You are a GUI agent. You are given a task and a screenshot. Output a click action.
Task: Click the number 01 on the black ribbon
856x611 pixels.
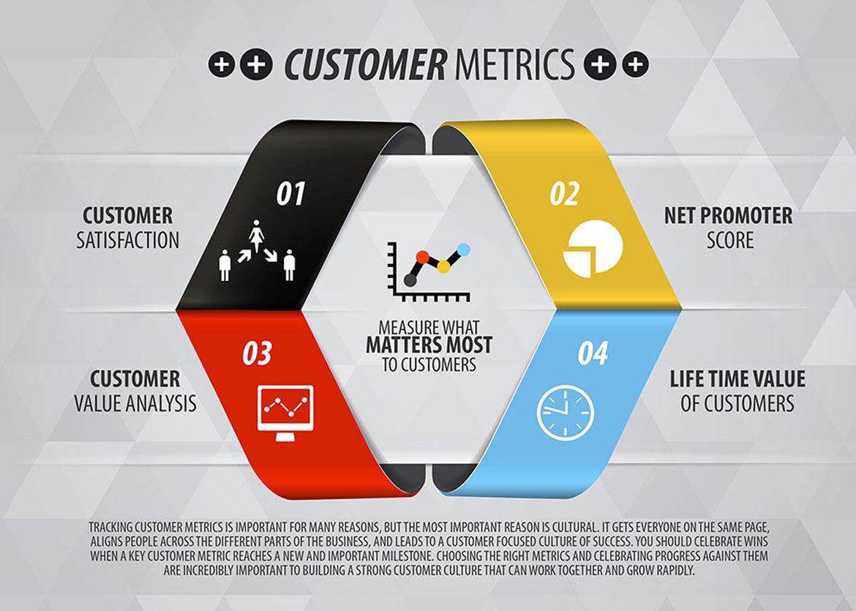tap(290, 194)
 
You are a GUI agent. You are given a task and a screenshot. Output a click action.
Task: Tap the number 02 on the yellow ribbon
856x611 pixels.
tap(565, 194)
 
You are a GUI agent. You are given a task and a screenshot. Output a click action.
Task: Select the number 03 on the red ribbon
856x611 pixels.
tap(257, 353)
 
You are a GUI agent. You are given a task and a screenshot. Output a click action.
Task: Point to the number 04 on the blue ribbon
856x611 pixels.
tap(593, 353)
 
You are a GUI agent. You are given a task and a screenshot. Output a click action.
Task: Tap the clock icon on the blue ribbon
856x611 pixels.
tap(566, 413)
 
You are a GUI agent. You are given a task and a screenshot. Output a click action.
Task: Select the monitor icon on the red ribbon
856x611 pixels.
tap(285, 413)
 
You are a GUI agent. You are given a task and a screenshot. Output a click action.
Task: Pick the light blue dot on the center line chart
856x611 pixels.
tap(464, 250)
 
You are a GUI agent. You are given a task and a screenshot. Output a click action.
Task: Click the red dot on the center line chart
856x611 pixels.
tap(423, 257)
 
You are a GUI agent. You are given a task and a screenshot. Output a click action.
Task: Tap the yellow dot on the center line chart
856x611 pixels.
tap(443, 267)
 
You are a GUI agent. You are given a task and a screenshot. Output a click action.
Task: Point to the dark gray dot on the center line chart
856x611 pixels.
tap(410, 281)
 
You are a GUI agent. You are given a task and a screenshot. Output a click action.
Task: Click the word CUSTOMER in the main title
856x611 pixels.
tap(365, 64)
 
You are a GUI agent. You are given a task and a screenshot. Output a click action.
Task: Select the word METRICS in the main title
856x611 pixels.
tap(514, 64)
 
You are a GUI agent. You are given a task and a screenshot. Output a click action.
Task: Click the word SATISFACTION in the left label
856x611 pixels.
tap(128, 240)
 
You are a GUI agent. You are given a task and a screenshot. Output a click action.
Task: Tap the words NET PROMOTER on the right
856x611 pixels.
tap(728, 216)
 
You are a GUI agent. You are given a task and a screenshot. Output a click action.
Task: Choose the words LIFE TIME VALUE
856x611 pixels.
tap(737, 379)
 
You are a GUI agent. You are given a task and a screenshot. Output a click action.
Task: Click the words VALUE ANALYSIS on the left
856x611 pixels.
tap(135, 403)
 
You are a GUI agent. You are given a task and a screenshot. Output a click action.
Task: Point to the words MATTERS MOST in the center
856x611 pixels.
tap(429, 345)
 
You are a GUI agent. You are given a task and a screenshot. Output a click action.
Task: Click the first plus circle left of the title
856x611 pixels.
tap(221, 64)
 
